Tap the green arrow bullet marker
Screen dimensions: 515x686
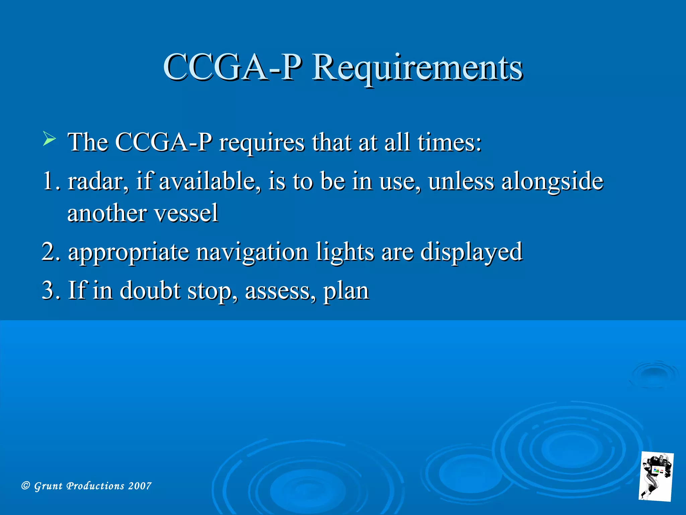click(49, 139)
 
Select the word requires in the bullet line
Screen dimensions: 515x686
click(262, 143)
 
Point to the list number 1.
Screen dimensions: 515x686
click(51, 181)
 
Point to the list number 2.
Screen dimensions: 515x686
click(51, 252)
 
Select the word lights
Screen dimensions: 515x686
click(345, 252)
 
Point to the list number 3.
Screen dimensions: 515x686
click(51, 290)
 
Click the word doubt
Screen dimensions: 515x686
click(150, 290)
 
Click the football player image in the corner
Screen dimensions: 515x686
click(656, 476)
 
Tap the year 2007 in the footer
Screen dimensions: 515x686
click(140, 486)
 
